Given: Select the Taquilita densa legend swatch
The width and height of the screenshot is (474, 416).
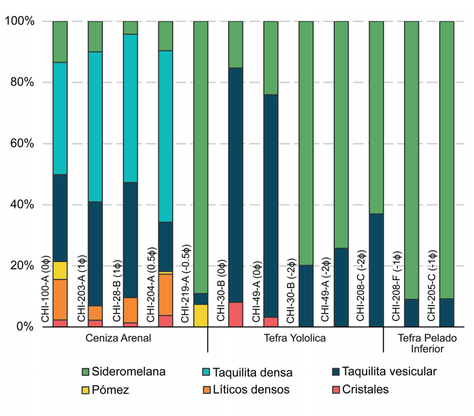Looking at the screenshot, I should (x=208, y=373).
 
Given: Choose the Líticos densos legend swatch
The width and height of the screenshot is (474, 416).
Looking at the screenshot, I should (x=208, y=389).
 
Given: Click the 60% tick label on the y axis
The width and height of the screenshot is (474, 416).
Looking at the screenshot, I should (x=21, y=144).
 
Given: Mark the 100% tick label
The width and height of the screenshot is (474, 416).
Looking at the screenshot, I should (x=19, y=21).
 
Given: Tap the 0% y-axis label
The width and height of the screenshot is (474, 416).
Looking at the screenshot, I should (x=25, y=327).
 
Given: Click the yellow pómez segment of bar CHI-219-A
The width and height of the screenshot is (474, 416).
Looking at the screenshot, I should (x=201, y=315).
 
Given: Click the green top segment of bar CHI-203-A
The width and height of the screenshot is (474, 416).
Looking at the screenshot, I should (x=95, y=36).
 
